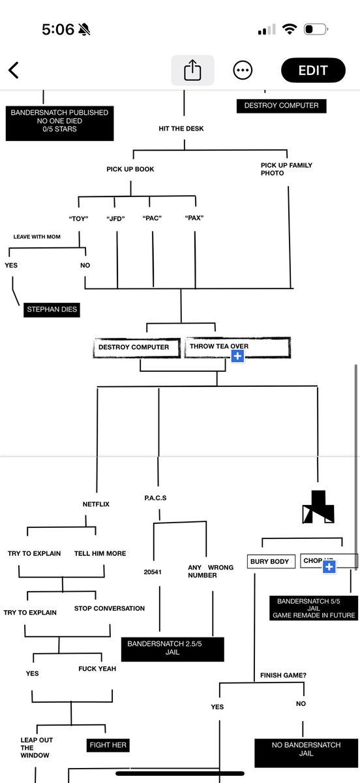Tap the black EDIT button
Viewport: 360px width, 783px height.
point(313,70)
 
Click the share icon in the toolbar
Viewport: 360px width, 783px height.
point(192,70)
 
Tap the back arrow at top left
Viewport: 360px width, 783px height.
point(14,70)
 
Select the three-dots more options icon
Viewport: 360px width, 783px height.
point(243,70)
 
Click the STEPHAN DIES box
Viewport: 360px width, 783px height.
point(52,310)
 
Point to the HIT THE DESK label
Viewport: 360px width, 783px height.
point(181,129)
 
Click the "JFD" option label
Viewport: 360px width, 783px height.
point(115,219)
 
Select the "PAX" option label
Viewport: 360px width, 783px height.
point(194,219)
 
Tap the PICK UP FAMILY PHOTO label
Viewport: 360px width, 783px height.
point(277,169)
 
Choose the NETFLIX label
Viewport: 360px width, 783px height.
point(96,504)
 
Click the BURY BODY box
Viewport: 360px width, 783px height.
point(269,561)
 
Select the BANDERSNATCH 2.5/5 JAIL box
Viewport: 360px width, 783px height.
point(172,648)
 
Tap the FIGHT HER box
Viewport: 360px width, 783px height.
point(108,745)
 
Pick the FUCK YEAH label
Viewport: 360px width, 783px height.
point(97,669)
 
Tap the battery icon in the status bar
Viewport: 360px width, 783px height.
point(317,30)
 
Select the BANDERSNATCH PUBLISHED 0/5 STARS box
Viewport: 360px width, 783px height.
point(59,121)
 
